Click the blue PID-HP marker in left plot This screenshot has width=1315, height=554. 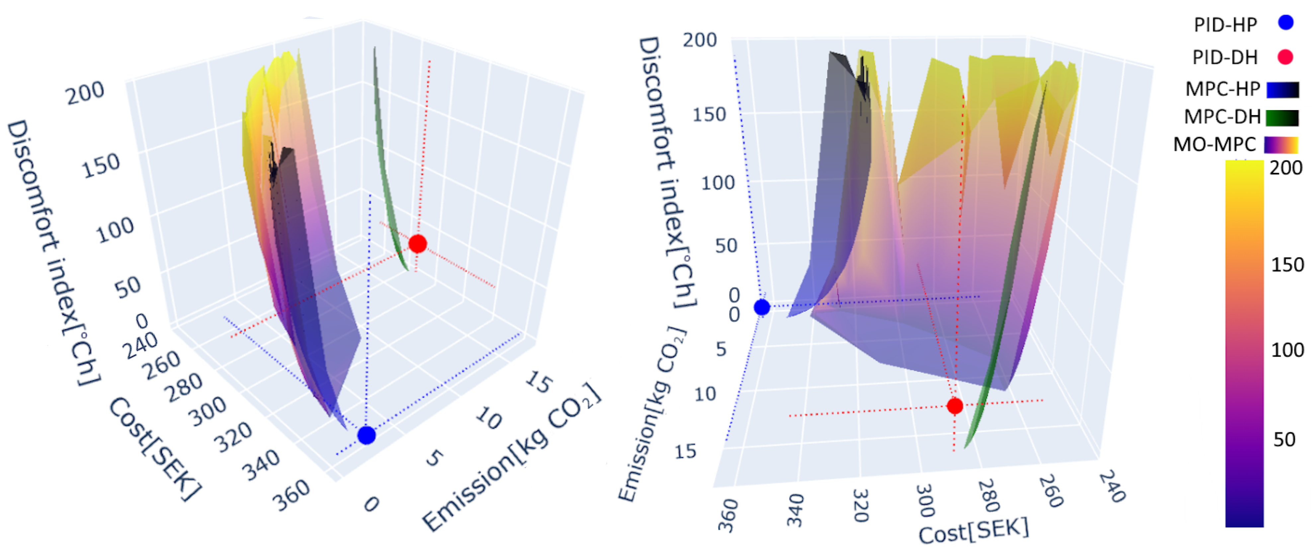[x=367, y=435]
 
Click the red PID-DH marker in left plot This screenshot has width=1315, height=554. [x=418, y=244]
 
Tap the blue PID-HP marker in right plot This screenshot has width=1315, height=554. [x=762, y=307]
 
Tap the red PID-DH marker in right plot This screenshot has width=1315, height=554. [x=954, y=406]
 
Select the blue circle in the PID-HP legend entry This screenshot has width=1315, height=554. [x=1285, y=23]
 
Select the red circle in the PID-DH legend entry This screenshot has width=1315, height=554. [x=1285, y=57]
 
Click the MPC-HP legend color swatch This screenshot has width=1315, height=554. [x=1282, y=90]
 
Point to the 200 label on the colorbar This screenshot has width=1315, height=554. [x=1286, y=168]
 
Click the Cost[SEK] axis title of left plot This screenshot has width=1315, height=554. [x=154, y=449]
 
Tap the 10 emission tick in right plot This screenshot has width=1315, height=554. [x=705, y=394]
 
